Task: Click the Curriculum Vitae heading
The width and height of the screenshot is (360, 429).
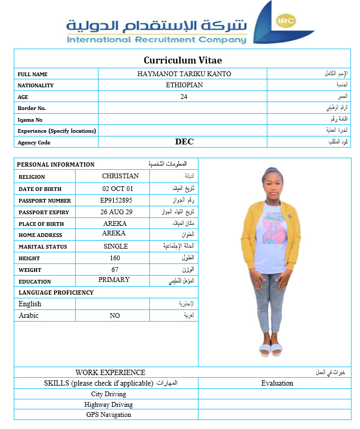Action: tap(183, 60)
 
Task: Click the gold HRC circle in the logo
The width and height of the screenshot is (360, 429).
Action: tap(286, 22)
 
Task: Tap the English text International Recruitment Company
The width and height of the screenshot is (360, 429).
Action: tap(157, 40)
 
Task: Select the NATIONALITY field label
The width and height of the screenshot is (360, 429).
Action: tap(35, 86)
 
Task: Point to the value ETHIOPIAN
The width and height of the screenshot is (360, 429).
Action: tap(184, 85)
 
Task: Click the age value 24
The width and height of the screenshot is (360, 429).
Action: tap(184, 97)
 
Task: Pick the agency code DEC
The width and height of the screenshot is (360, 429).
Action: tap(184, 142)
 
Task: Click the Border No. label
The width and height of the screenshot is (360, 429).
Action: tap(32, 108)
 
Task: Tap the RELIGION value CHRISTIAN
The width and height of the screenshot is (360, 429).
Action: tap(120, 176)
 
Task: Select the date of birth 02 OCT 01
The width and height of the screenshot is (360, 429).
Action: tap(118, 189)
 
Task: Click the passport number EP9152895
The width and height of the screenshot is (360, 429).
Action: tap(116, 200)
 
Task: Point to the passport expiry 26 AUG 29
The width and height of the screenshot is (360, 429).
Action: tap(116, 212)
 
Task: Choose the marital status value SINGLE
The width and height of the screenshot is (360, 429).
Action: tap(115, 247)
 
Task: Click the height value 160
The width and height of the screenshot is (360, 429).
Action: tap(114, 258)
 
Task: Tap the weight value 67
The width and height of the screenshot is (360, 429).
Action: tap(114, 270)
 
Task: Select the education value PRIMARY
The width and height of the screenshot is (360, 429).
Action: tap(114, 280)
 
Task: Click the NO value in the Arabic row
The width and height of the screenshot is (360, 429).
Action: tap(114, 316)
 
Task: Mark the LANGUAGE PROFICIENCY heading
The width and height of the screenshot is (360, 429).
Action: tap(56, 293)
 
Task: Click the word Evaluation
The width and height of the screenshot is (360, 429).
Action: tap(277, 384)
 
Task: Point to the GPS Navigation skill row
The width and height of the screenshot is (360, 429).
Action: tap(109, 415)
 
